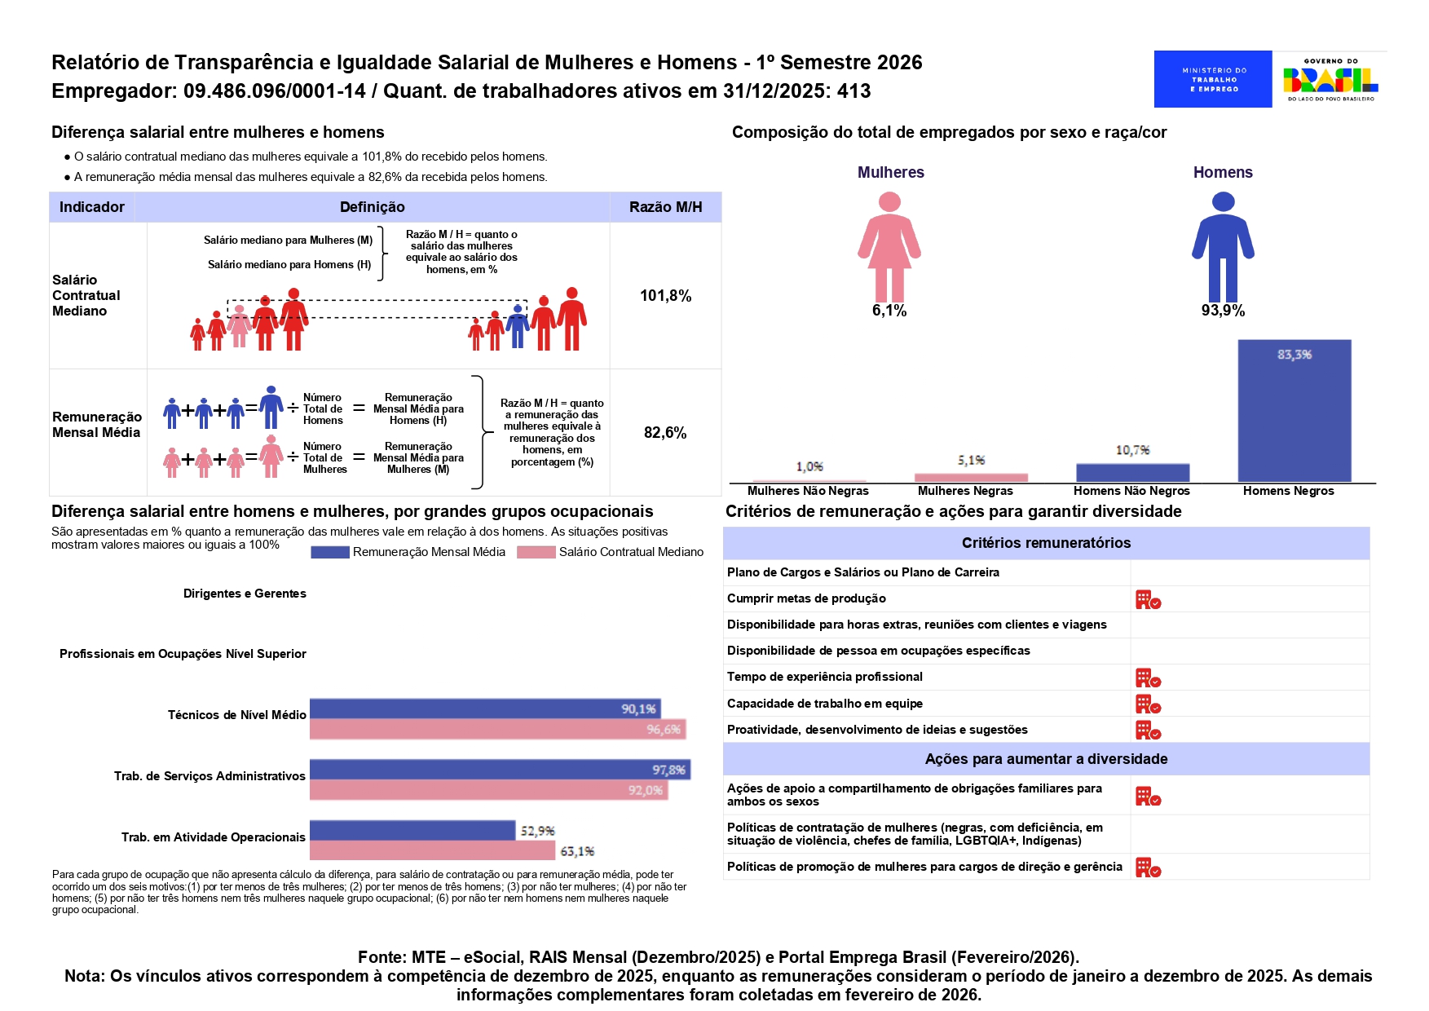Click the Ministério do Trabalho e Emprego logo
click(x=1213, y=79)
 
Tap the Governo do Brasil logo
click(x=1330, y=79)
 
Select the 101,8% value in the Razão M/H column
click(x=665, y=296)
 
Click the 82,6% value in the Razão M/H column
click(x=665, y=433)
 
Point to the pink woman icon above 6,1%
click(x=889, y=246)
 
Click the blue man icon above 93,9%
click(x=1223, y=246)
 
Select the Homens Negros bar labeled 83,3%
click(x=1294, y=410)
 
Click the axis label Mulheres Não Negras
click(x=808, y=491)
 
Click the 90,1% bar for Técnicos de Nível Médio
click(x=485, y=709)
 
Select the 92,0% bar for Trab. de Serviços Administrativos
click(x=488, y=790)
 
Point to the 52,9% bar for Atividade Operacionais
click(x=412, y=830)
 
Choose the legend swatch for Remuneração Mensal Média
click(x=330, y=553)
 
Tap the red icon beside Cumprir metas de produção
click(x=1148, y=600)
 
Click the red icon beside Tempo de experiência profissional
click(x=1148, y=678)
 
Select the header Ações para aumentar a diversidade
click(x=1046, y=759)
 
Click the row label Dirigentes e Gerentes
click(x=245, y=594)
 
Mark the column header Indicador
click(x=92, y=207)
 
